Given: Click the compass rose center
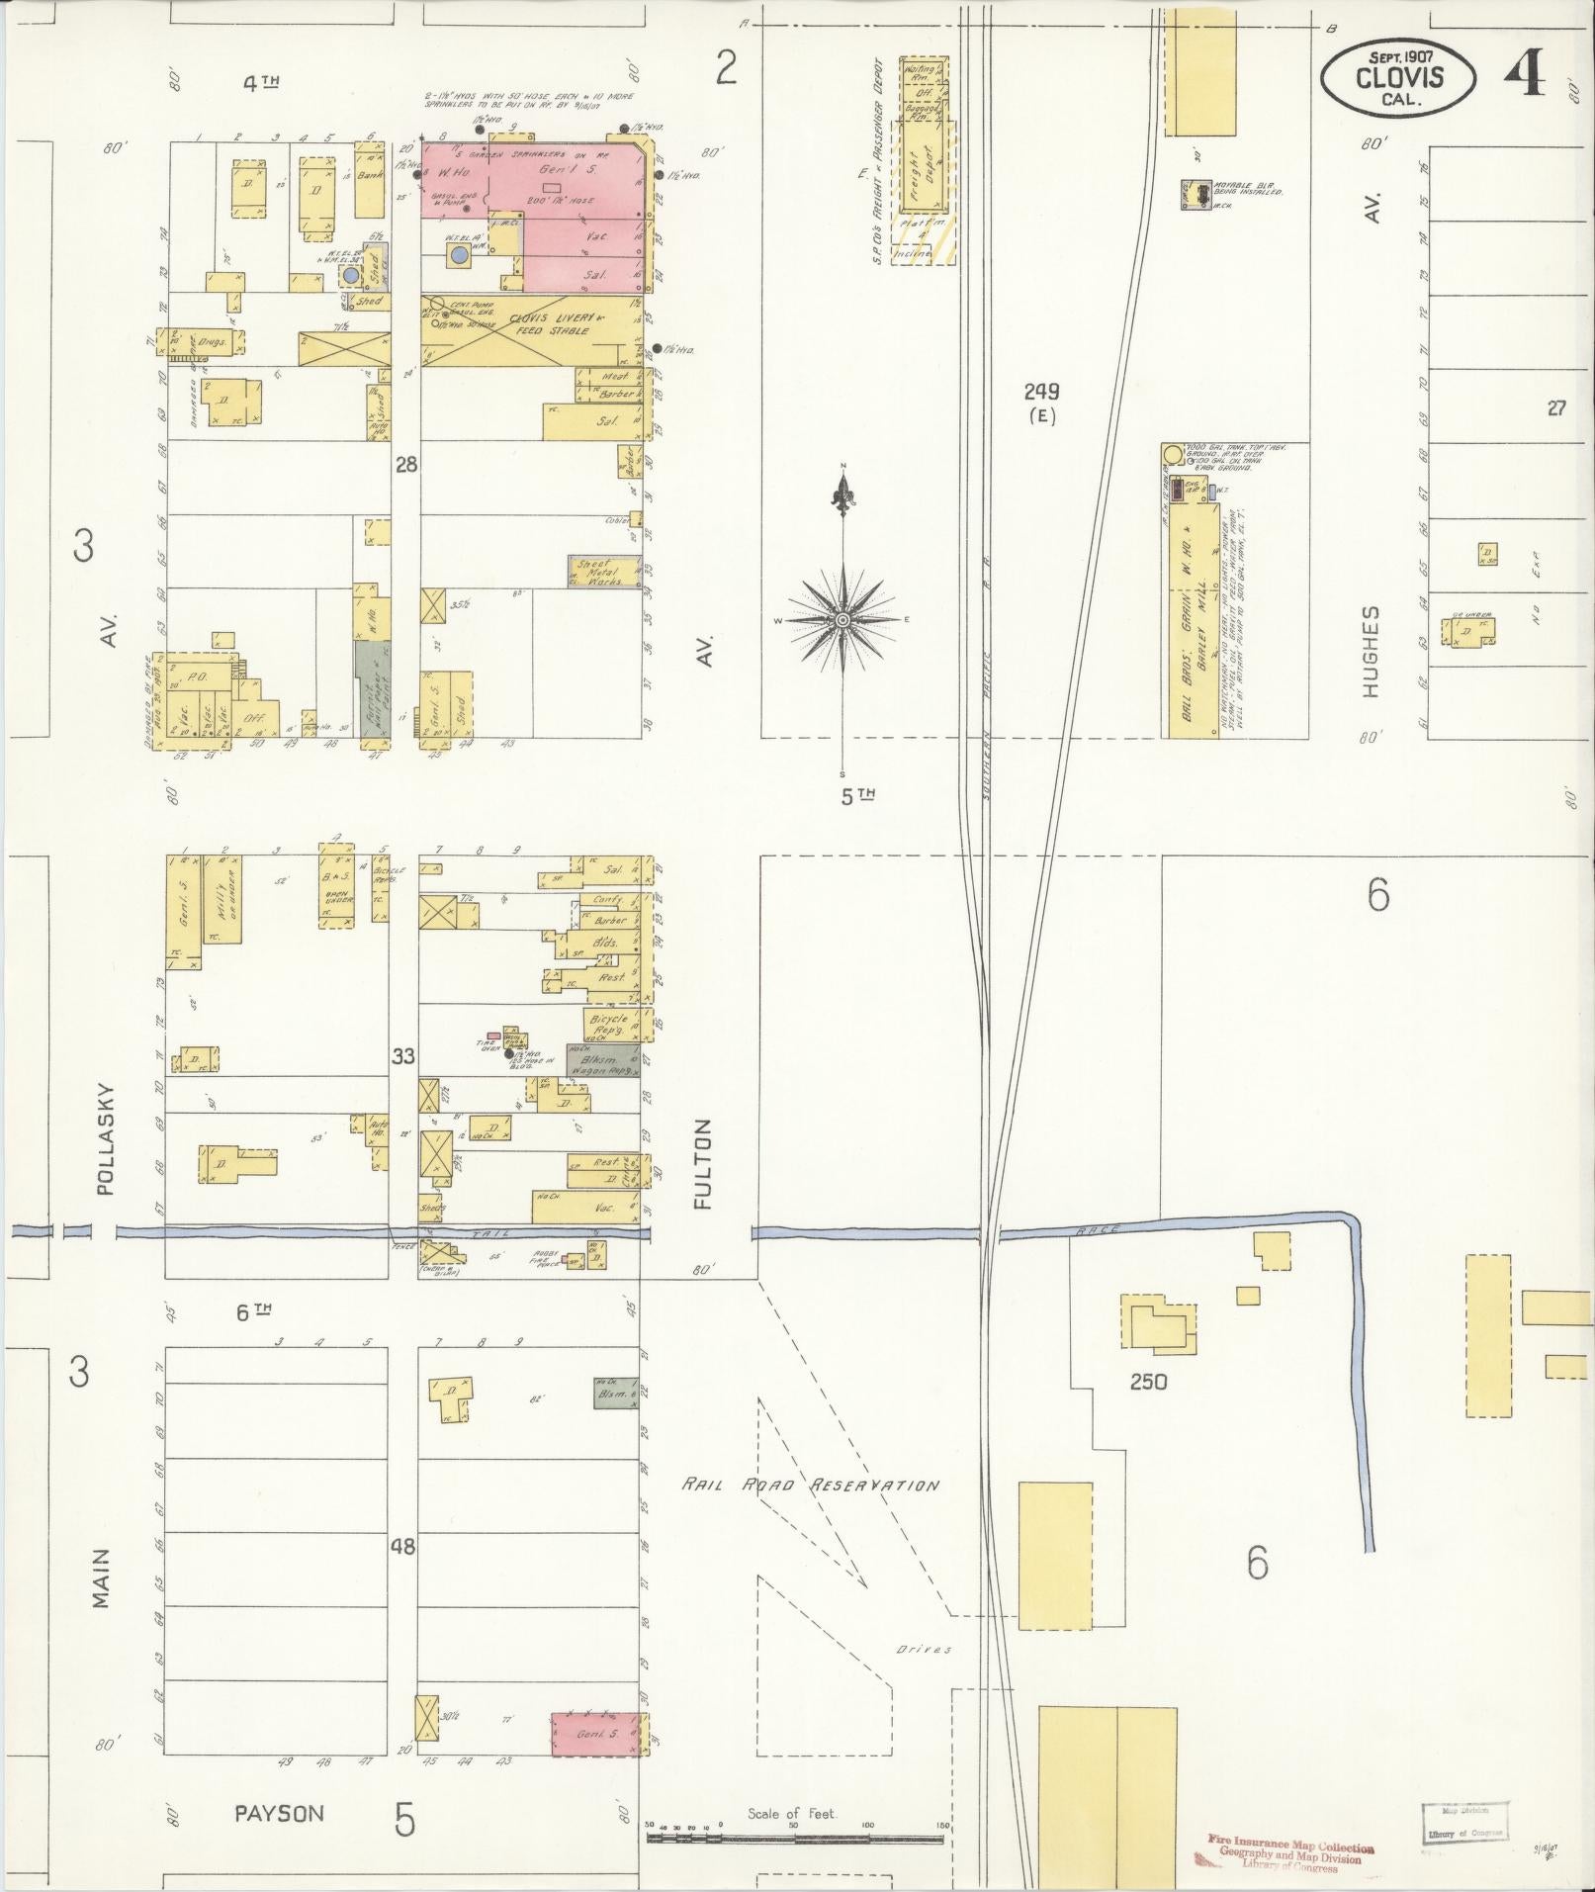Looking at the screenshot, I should pos(842,620).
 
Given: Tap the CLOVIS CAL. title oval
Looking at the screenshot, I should pos(1398,76).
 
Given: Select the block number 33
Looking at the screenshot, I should pos(402,1057).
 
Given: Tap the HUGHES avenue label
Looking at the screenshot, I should pos(1371,651).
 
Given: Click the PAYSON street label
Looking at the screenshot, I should pos(279,1813).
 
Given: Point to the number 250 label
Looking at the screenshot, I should pos(1147,1382).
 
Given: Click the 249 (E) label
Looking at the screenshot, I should pos(1040,401).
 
